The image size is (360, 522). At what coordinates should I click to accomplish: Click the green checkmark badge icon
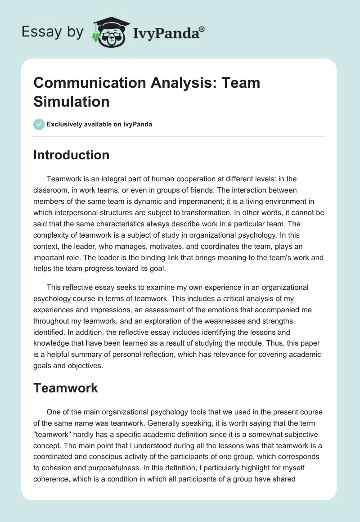(39, 124)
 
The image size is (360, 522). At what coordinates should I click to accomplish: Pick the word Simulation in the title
(72, 101)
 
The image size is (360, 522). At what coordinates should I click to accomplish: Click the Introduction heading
(72, 155)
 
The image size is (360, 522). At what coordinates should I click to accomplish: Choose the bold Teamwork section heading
(66, 388)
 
